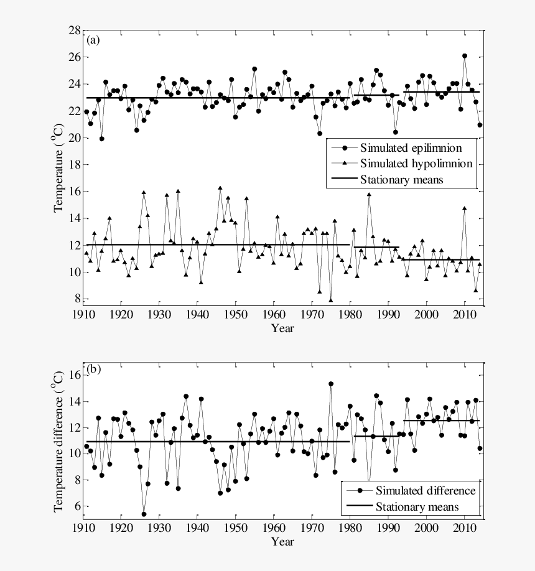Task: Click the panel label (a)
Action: click(x=93, y=40)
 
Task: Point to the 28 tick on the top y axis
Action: click(x=73, y=30)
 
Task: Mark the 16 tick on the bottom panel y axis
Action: click(x=73, y=375)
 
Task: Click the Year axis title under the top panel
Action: click(x=282, y=328)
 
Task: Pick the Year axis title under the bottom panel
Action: click(x=282, y=541)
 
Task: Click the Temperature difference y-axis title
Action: click(x=58, y=440)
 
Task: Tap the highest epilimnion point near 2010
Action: click(x=464, y=56)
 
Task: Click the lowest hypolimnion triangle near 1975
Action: click(x=331, y=300)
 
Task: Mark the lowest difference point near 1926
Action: click(x=144, y=514)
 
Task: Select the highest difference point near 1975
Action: click(x=331, y=384)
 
